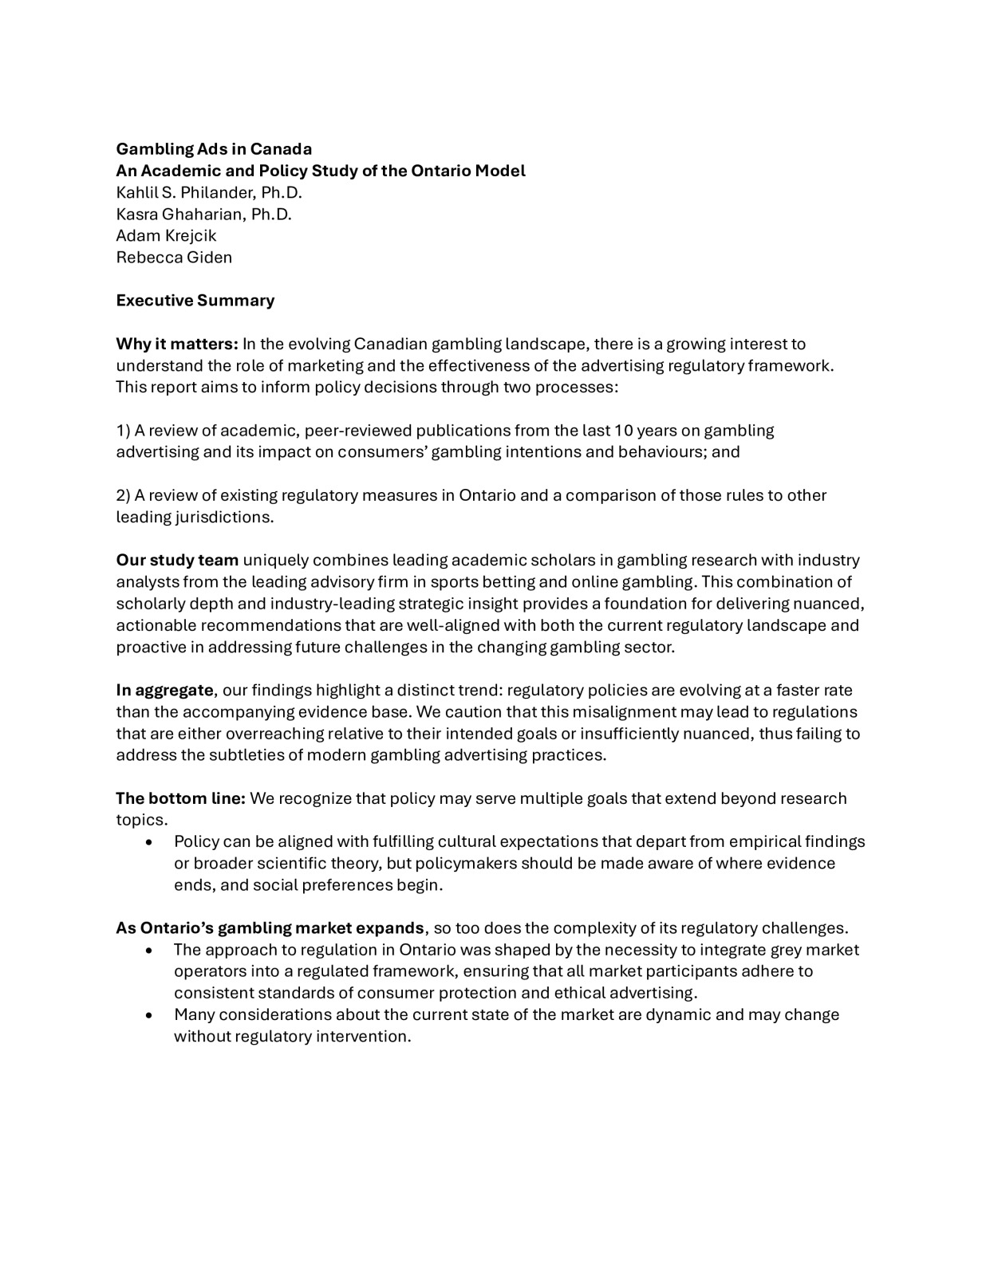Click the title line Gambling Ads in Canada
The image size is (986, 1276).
(214, 149)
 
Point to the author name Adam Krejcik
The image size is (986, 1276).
(166, 235)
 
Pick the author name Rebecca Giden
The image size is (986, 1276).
(174, 257)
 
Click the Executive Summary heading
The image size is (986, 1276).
(195, 301)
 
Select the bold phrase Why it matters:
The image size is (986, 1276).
(177, 344)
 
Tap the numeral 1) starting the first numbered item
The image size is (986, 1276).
(123, 431)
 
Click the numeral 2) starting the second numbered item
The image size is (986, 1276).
(123, 495)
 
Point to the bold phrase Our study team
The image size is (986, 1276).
(177, 561)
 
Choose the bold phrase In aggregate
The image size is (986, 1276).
(164, 690)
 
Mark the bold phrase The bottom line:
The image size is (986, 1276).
(180, 798)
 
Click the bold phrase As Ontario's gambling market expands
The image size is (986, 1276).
(270, 928)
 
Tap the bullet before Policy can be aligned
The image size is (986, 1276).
(150, 842)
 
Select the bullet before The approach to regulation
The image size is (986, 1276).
(150, 951)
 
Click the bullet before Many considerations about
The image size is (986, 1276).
(150, 1015)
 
